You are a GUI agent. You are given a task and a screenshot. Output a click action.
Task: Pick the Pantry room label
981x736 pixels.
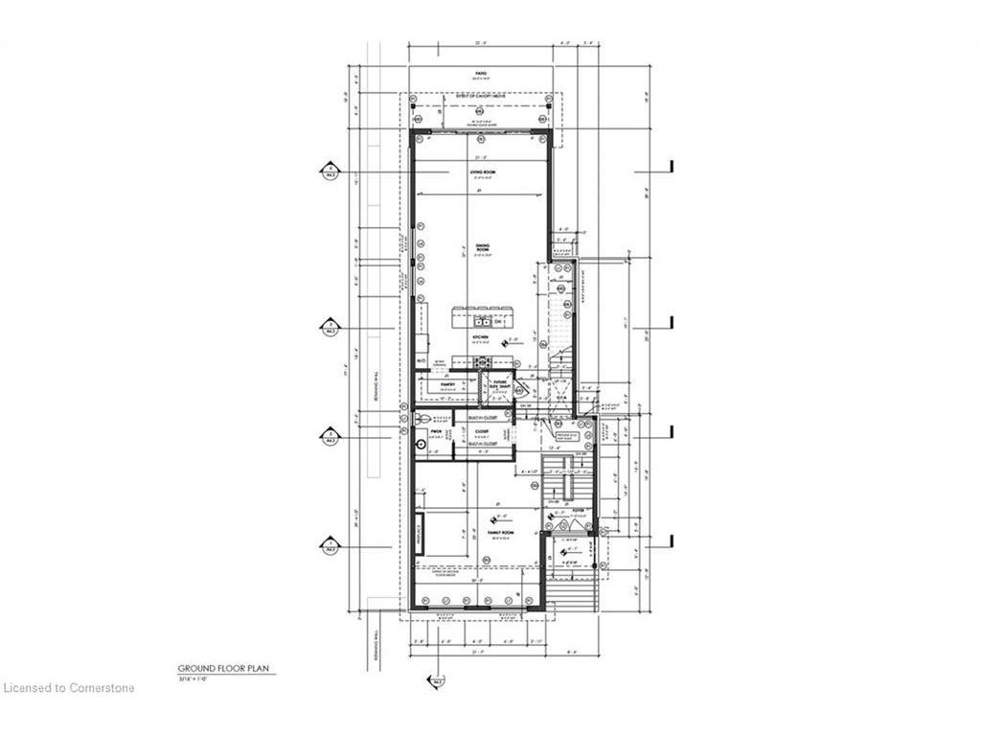coord(447,385)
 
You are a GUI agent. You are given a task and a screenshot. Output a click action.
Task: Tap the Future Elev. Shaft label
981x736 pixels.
coord(499,385)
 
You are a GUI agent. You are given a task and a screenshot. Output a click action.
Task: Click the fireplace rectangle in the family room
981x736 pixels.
coord(421,534)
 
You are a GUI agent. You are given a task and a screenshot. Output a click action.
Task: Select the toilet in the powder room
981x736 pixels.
coord(423,419)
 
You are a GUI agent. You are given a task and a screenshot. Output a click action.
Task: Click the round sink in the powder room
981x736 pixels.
coord(422,445)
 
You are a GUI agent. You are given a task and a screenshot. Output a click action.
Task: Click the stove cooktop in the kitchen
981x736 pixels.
coord(483,361)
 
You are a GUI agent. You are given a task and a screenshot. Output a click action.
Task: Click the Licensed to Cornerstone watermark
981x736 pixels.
coord(68,687)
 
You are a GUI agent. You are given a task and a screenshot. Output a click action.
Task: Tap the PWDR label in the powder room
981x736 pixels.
coord(434,432)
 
